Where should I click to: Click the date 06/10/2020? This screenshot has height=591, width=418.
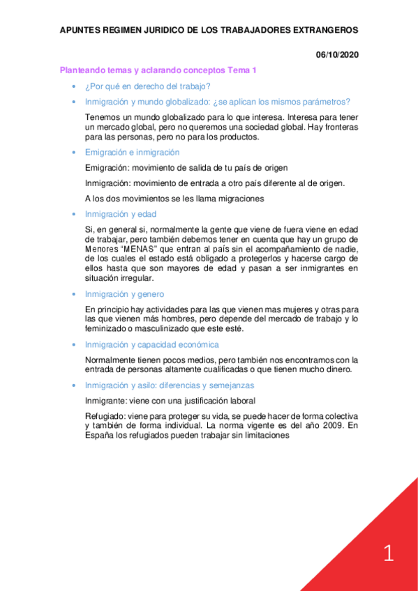(x=337, y=55)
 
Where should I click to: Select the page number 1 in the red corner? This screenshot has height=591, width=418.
(x=389, y=554)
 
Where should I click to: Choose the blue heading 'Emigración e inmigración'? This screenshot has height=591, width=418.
(x=132, y=152)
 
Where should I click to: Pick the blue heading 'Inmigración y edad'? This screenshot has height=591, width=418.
(x=121, y=214)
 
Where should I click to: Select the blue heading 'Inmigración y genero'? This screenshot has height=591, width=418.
(x=124, y=294)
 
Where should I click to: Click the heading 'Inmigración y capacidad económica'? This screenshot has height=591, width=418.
(x=151, y=344)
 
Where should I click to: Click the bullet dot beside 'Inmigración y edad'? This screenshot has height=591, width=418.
(x=74, y=214)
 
